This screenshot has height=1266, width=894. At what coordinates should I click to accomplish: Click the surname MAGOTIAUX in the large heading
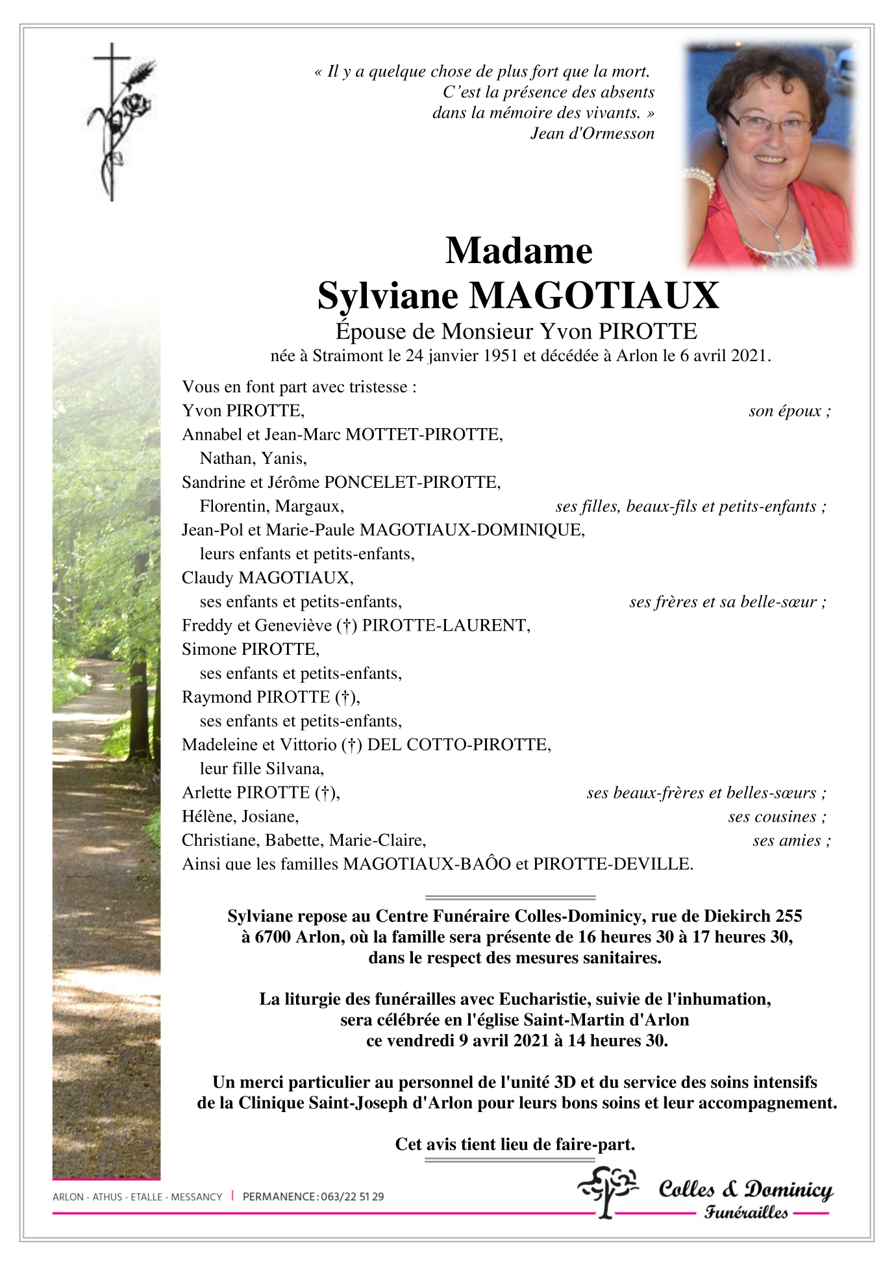[594, 296]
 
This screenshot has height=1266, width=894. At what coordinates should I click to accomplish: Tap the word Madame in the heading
[519, 251]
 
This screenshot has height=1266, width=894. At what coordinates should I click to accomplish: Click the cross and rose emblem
[121, 121]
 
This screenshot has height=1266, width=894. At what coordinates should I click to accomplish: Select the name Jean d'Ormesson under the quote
[592, 134]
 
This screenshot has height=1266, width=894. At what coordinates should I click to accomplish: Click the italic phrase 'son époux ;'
[789, 411]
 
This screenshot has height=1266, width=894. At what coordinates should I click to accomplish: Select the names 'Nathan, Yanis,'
[253, 459]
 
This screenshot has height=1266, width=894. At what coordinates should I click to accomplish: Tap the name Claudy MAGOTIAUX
[267, 577]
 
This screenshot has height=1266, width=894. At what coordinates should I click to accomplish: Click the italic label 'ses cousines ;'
[776, 817]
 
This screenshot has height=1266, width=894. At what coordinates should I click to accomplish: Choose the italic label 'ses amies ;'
[791, 841]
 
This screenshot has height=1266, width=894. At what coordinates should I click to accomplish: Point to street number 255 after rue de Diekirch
[788, 917]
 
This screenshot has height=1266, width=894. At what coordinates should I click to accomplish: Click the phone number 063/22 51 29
[352, 1196]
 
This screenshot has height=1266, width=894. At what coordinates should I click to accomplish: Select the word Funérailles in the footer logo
[746, 1213]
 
